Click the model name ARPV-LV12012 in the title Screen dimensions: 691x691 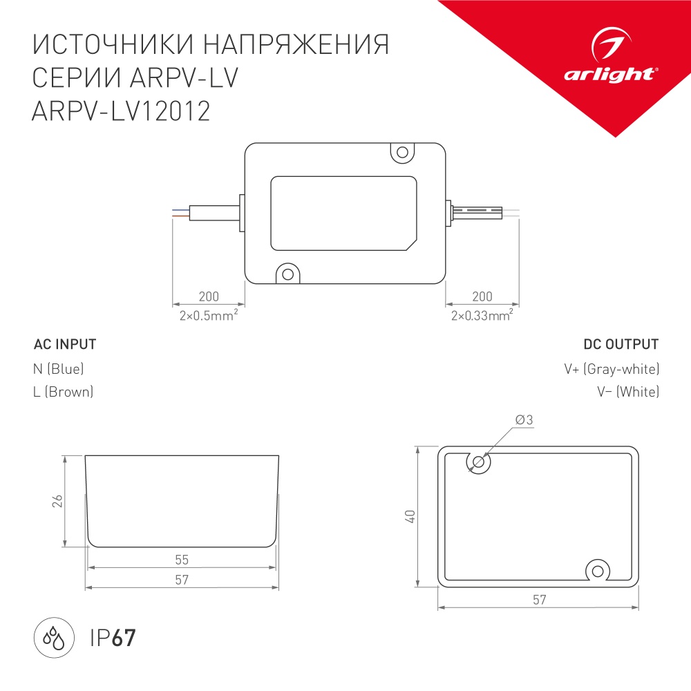[x=121, y=112]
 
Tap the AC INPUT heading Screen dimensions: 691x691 [x=65, y=344]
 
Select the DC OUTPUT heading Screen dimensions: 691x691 [x=621, y=344]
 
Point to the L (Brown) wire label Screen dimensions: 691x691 [x=63, y=392]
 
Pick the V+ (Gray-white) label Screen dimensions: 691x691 [x=612, y=368]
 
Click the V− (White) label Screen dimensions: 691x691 [x=628, y=392]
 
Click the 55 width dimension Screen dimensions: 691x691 [x=182, y=559]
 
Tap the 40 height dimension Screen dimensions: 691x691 [x=410, y=517]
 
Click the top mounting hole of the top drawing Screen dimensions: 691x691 [x=401, y=151]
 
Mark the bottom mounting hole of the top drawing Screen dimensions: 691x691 [x=287, y=274]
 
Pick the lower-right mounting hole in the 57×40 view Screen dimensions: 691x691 [x=597, y=570]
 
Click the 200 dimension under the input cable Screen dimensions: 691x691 [x=208, y=296]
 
